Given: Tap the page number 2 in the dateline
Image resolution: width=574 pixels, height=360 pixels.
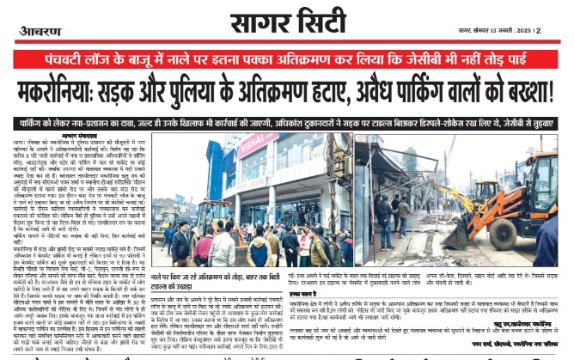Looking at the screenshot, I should coord(538,31).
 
